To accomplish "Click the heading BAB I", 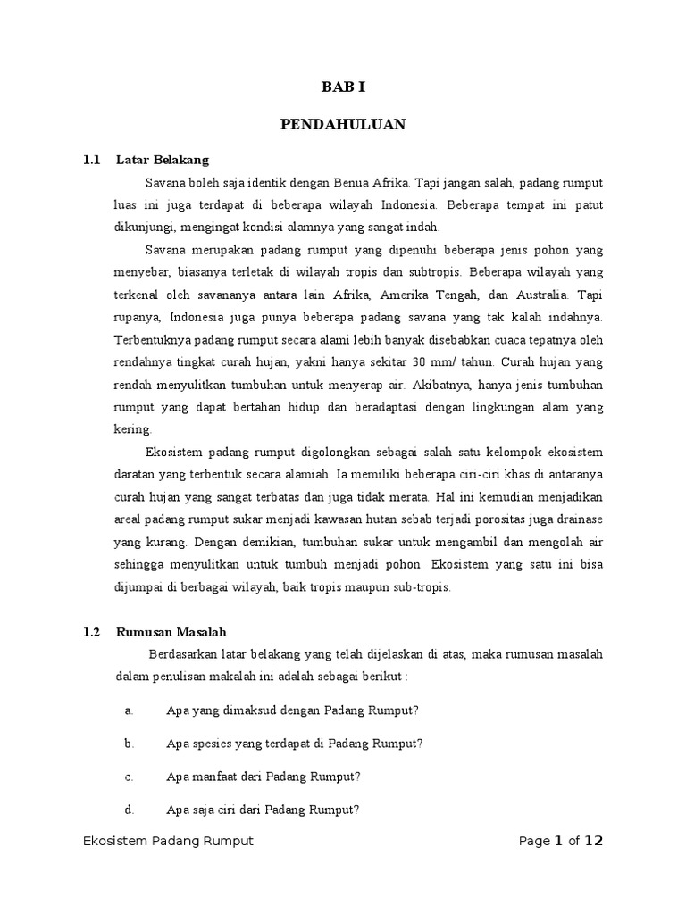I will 343,87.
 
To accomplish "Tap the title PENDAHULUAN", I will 343,124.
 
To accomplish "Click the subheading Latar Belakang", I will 162,160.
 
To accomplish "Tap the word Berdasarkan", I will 182,654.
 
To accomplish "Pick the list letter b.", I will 130,743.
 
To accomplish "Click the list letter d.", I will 130,810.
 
